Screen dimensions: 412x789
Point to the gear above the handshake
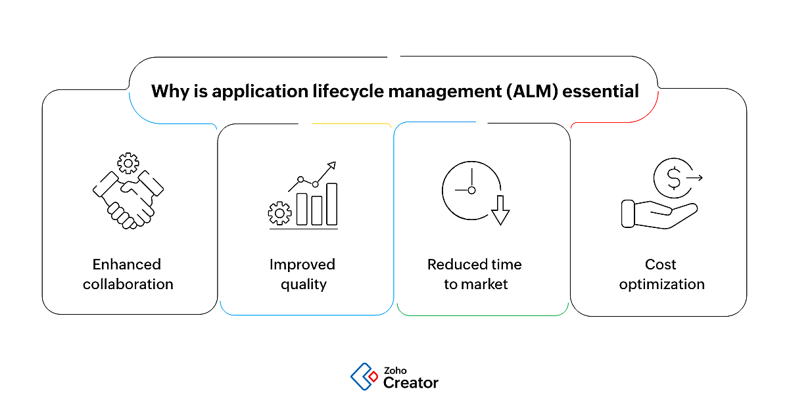click(x=128, y=162)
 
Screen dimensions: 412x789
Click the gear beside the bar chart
click(x=280, y=212)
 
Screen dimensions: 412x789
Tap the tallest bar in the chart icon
click(x=332, y=204)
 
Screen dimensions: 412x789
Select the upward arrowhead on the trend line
click(x=332, y=165)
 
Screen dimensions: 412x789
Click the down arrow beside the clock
click(x=500, y=210)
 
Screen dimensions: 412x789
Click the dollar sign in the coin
click(x=674, y=178)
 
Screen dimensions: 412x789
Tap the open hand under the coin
click(x=657, y=215)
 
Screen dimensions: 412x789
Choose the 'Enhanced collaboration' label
click(x=128, y=274)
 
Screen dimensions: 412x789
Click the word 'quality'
click(x=303, y=285)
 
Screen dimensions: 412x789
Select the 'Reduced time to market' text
click(x=475, y=274)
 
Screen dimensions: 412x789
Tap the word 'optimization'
click(x=661, y=285)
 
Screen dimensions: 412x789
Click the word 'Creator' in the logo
click(x=410, y=382)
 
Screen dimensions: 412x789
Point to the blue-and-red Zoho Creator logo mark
click(x=364, y=377)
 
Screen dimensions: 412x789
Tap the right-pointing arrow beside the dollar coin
click(x=694, y=177)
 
